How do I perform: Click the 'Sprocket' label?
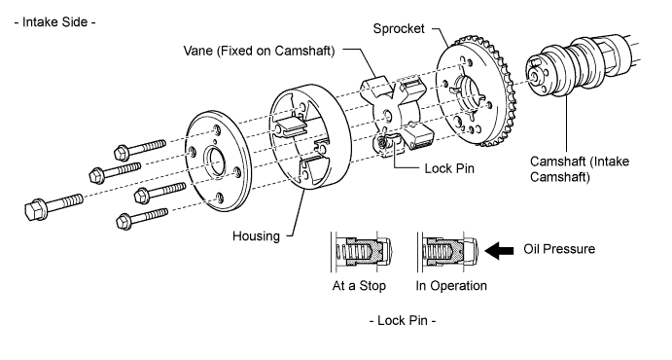coord(399,29)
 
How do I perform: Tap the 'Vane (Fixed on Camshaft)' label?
coord(259,51)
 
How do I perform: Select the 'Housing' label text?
coord(256,235)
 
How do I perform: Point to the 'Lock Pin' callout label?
coord(449,168)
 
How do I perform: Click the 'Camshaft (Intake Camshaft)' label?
coord(580,169)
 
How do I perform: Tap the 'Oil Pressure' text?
coord(559,249)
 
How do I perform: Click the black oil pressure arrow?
coord(499,250)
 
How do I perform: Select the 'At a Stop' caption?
coord(359,286)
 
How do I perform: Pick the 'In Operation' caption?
coord(451,286)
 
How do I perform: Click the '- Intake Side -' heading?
coord(54,21)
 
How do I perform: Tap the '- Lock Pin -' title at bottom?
coord(403,320)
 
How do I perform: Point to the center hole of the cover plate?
coord(215,161)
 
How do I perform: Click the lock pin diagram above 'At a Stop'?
coord(362,252)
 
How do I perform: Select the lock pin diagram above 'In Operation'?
coord(448,252)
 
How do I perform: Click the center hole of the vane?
coord(387,115)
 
